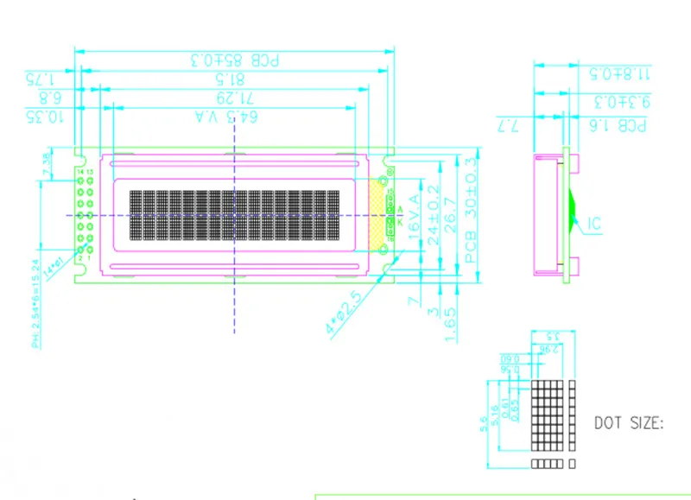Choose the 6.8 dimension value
(49, 96)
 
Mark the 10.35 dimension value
(43, 116)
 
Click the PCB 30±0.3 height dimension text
(471, 210)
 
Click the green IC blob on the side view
(573, 207)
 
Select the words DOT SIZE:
(629, 423)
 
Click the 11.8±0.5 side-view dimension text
(618, 72)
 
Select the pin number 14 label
(79, 174)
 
